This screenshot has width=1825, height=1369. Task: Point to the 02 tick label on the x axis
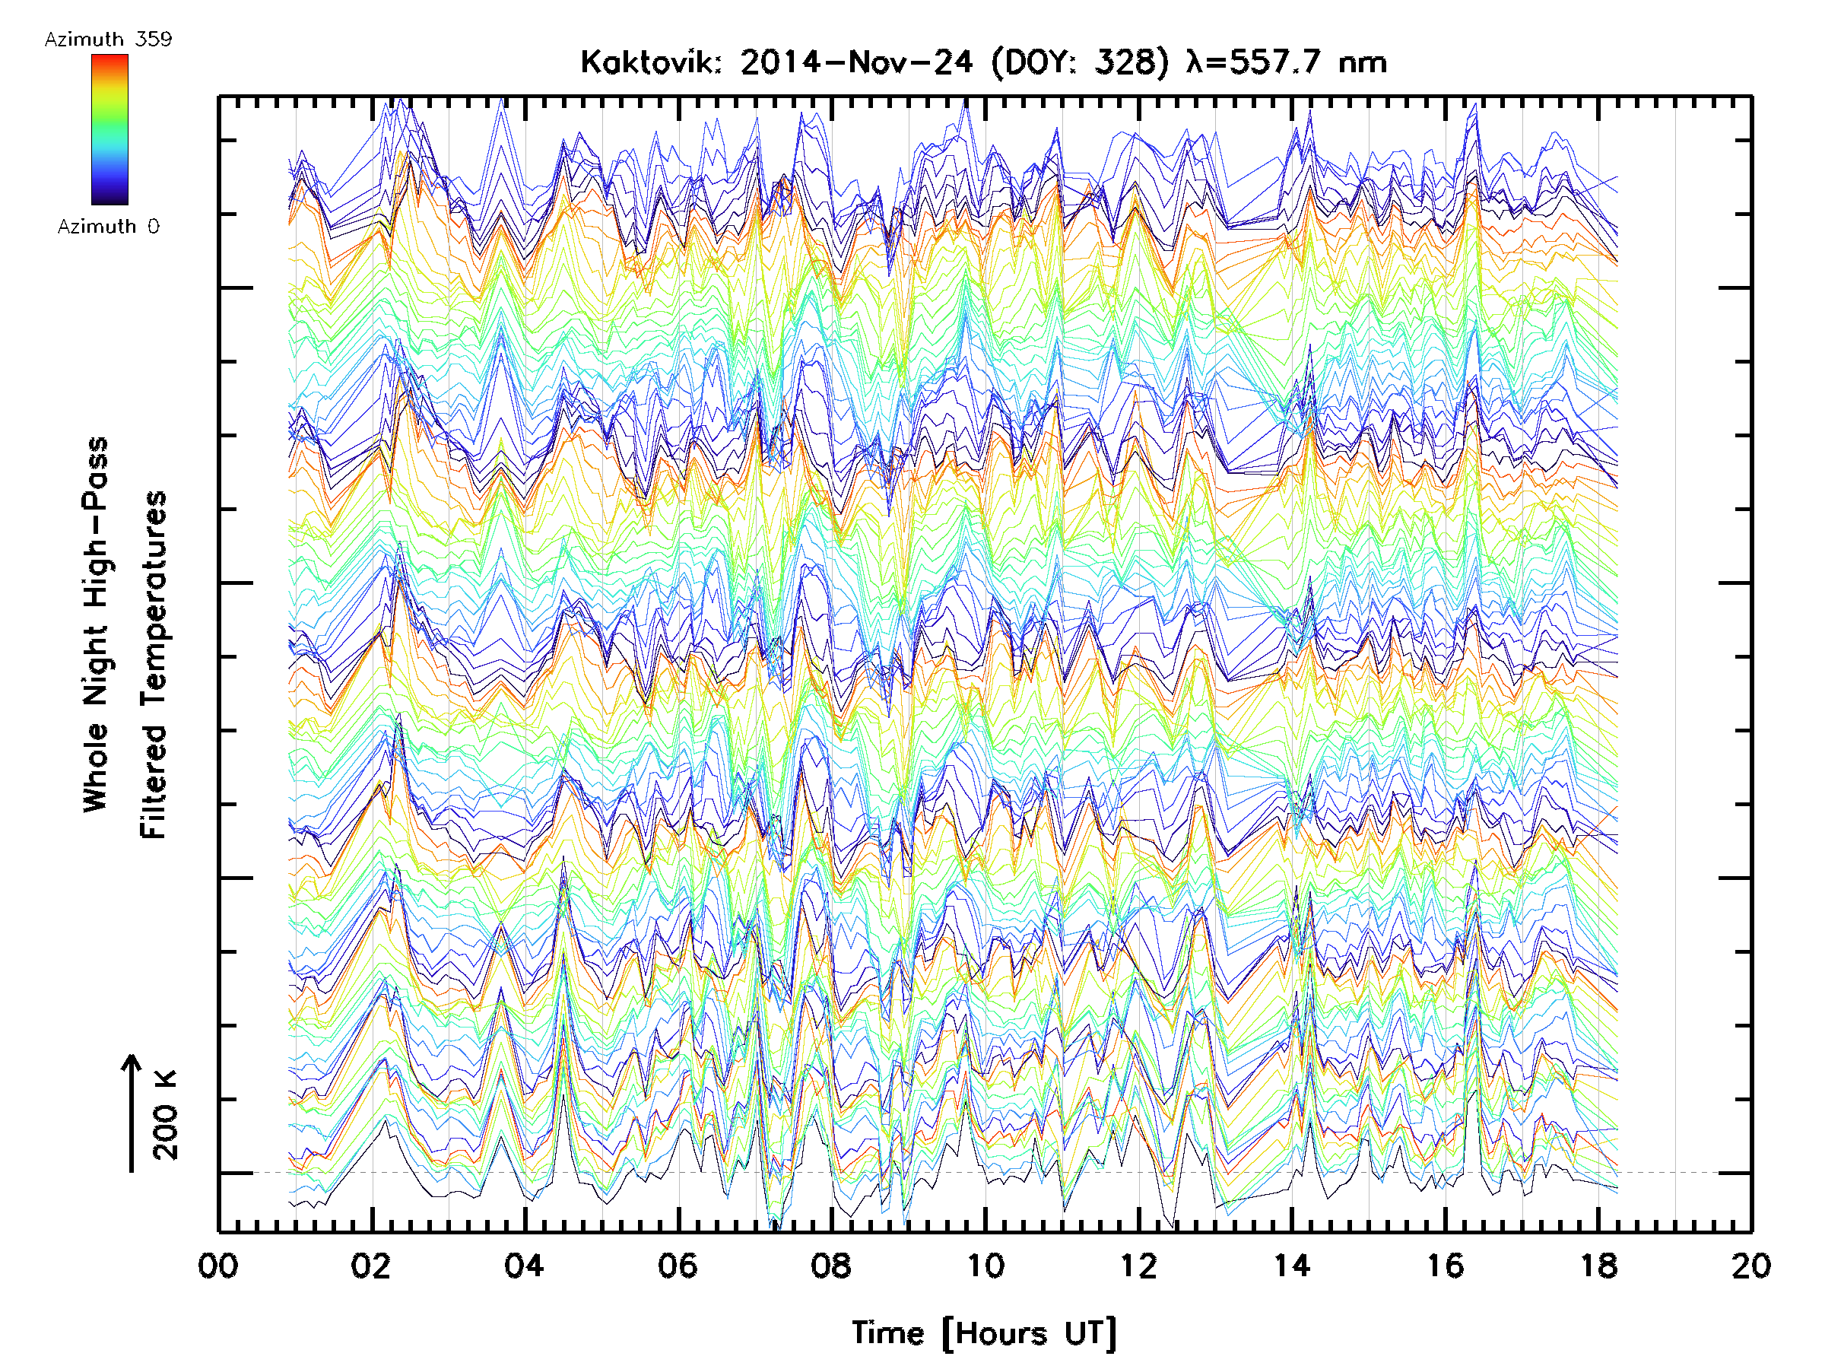coord(370,1265)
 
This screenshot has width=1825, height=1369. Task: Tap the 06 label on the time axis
coord(678,1265)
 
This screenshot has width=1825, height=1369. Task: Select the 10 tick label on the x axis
coord(985,1265)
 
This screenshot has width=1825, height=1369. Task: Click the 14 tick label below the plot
coord(1291,1265)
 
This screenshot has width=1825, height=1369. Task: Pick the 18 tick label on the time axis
coord(1598,1265)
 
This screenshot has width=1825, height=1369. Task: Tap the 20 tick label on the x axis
coord(1750,1265)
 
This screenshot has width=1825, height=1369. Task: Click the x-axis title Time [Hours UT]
coord(983,1332)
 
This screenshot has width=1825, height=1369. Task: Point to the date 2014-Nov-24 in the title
coord(856,62)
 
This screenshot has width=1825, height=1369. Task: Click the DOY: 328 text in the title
coord(1080,62)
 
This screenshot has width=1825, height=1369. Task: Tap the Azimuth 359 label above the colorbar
coord(108,39)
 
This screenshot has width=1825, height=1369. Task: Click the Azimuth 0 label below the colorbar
coord(108,226)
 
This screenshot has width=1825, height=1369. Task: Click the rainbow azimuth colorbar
coord(109,129)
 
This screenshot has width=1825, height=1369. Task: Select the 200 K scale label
coord(166,1115)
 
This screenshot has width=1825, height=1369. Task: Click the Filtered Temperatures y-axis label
coord(154,665)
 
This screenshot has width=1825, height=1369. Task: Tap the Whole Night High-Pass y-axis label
coord(96,624)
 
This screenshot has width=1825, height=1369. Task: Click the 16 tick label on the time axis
coord(1445,1265)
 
